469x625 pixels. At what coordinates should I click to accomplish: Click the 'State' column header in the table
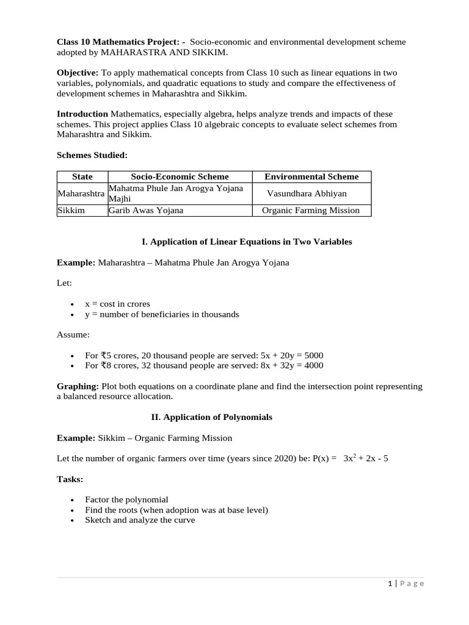(82, 176)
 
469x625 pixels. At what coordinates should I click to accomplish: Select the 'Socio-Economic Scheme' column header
(180, 176)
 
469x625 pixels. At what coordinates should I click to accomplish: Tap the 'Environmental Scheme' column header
(311, 176)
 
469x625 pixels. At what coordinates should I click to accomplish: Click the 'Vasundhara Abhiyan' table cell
(307, 193)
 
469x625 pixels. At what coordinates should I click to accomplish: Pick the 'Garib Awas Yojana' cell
(146, 211)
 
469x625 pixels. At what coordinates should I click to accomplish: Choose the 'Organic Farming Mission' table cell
(311, 211)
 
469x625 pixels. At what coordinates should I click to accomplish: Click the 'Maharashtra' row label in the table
(81, 193)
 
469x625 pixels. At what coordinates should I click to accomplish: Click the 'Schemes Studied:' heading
(92, 156)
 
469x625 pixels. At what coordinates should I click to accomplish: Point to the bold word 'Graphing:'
(78, 386)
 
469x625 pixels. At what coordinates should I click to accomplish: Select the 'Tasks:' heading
(70, 479)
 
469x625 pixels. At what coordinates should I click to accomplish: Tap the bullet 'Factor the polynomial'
(126, 499)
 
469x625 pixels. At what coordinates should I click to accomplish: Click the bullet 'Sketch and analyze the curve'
(140, 520)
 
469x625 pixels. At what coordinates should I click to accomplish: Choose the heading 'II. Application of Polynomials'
(211, 417)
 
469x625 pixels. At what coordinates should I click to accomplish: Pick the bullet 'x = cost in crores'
(117, 304)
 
